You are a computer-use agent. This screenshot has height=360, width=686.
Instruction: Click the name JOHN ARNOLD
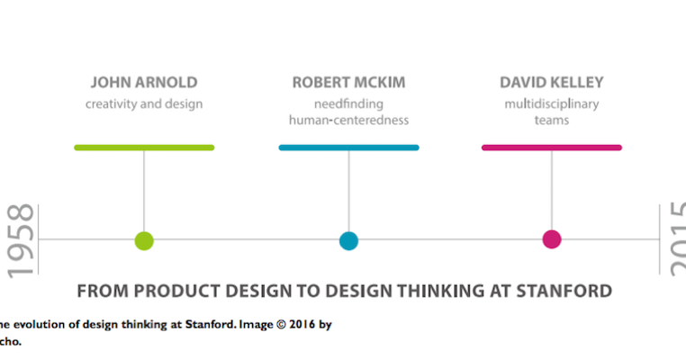pos(144,83)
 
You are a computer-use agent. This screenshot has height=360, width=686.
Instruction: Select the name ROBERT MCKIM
pos(348,83)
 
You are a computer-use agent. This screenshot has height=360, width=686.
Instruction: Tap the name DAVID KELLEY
pos(551,83)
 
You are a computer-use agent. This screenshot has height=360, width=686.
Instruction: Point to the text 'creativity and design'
pos(144,103)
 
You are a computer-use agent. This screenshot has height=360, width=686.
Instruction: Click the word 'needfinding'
pos(348,103)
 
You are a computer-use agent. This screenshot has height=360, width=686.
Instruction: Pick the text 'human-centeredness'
pos(348,120)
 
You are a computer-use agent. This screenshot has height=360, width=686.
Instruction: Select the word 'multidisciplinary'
pos(551,103)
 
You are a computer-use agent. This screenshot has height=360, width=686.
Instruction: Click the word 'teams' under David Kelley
pos(551,120)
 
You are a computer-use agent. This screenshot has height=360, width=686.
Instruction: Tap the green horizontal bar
pos(144,147)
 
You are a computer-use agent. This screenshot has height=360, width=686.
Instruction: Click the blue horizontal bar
pos(348,147)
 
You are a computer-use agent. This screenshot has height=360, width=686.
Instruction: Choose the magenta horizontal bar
pos(551,147)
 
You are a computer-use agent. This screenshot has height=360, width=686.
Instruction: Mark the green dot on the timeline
pos(144,240)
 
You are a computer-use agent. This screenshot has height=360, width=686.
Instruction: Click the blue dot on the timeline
pos(348,240)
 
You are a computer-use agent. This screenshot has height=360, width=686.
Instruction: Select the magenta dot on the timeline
pos(552,239)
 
